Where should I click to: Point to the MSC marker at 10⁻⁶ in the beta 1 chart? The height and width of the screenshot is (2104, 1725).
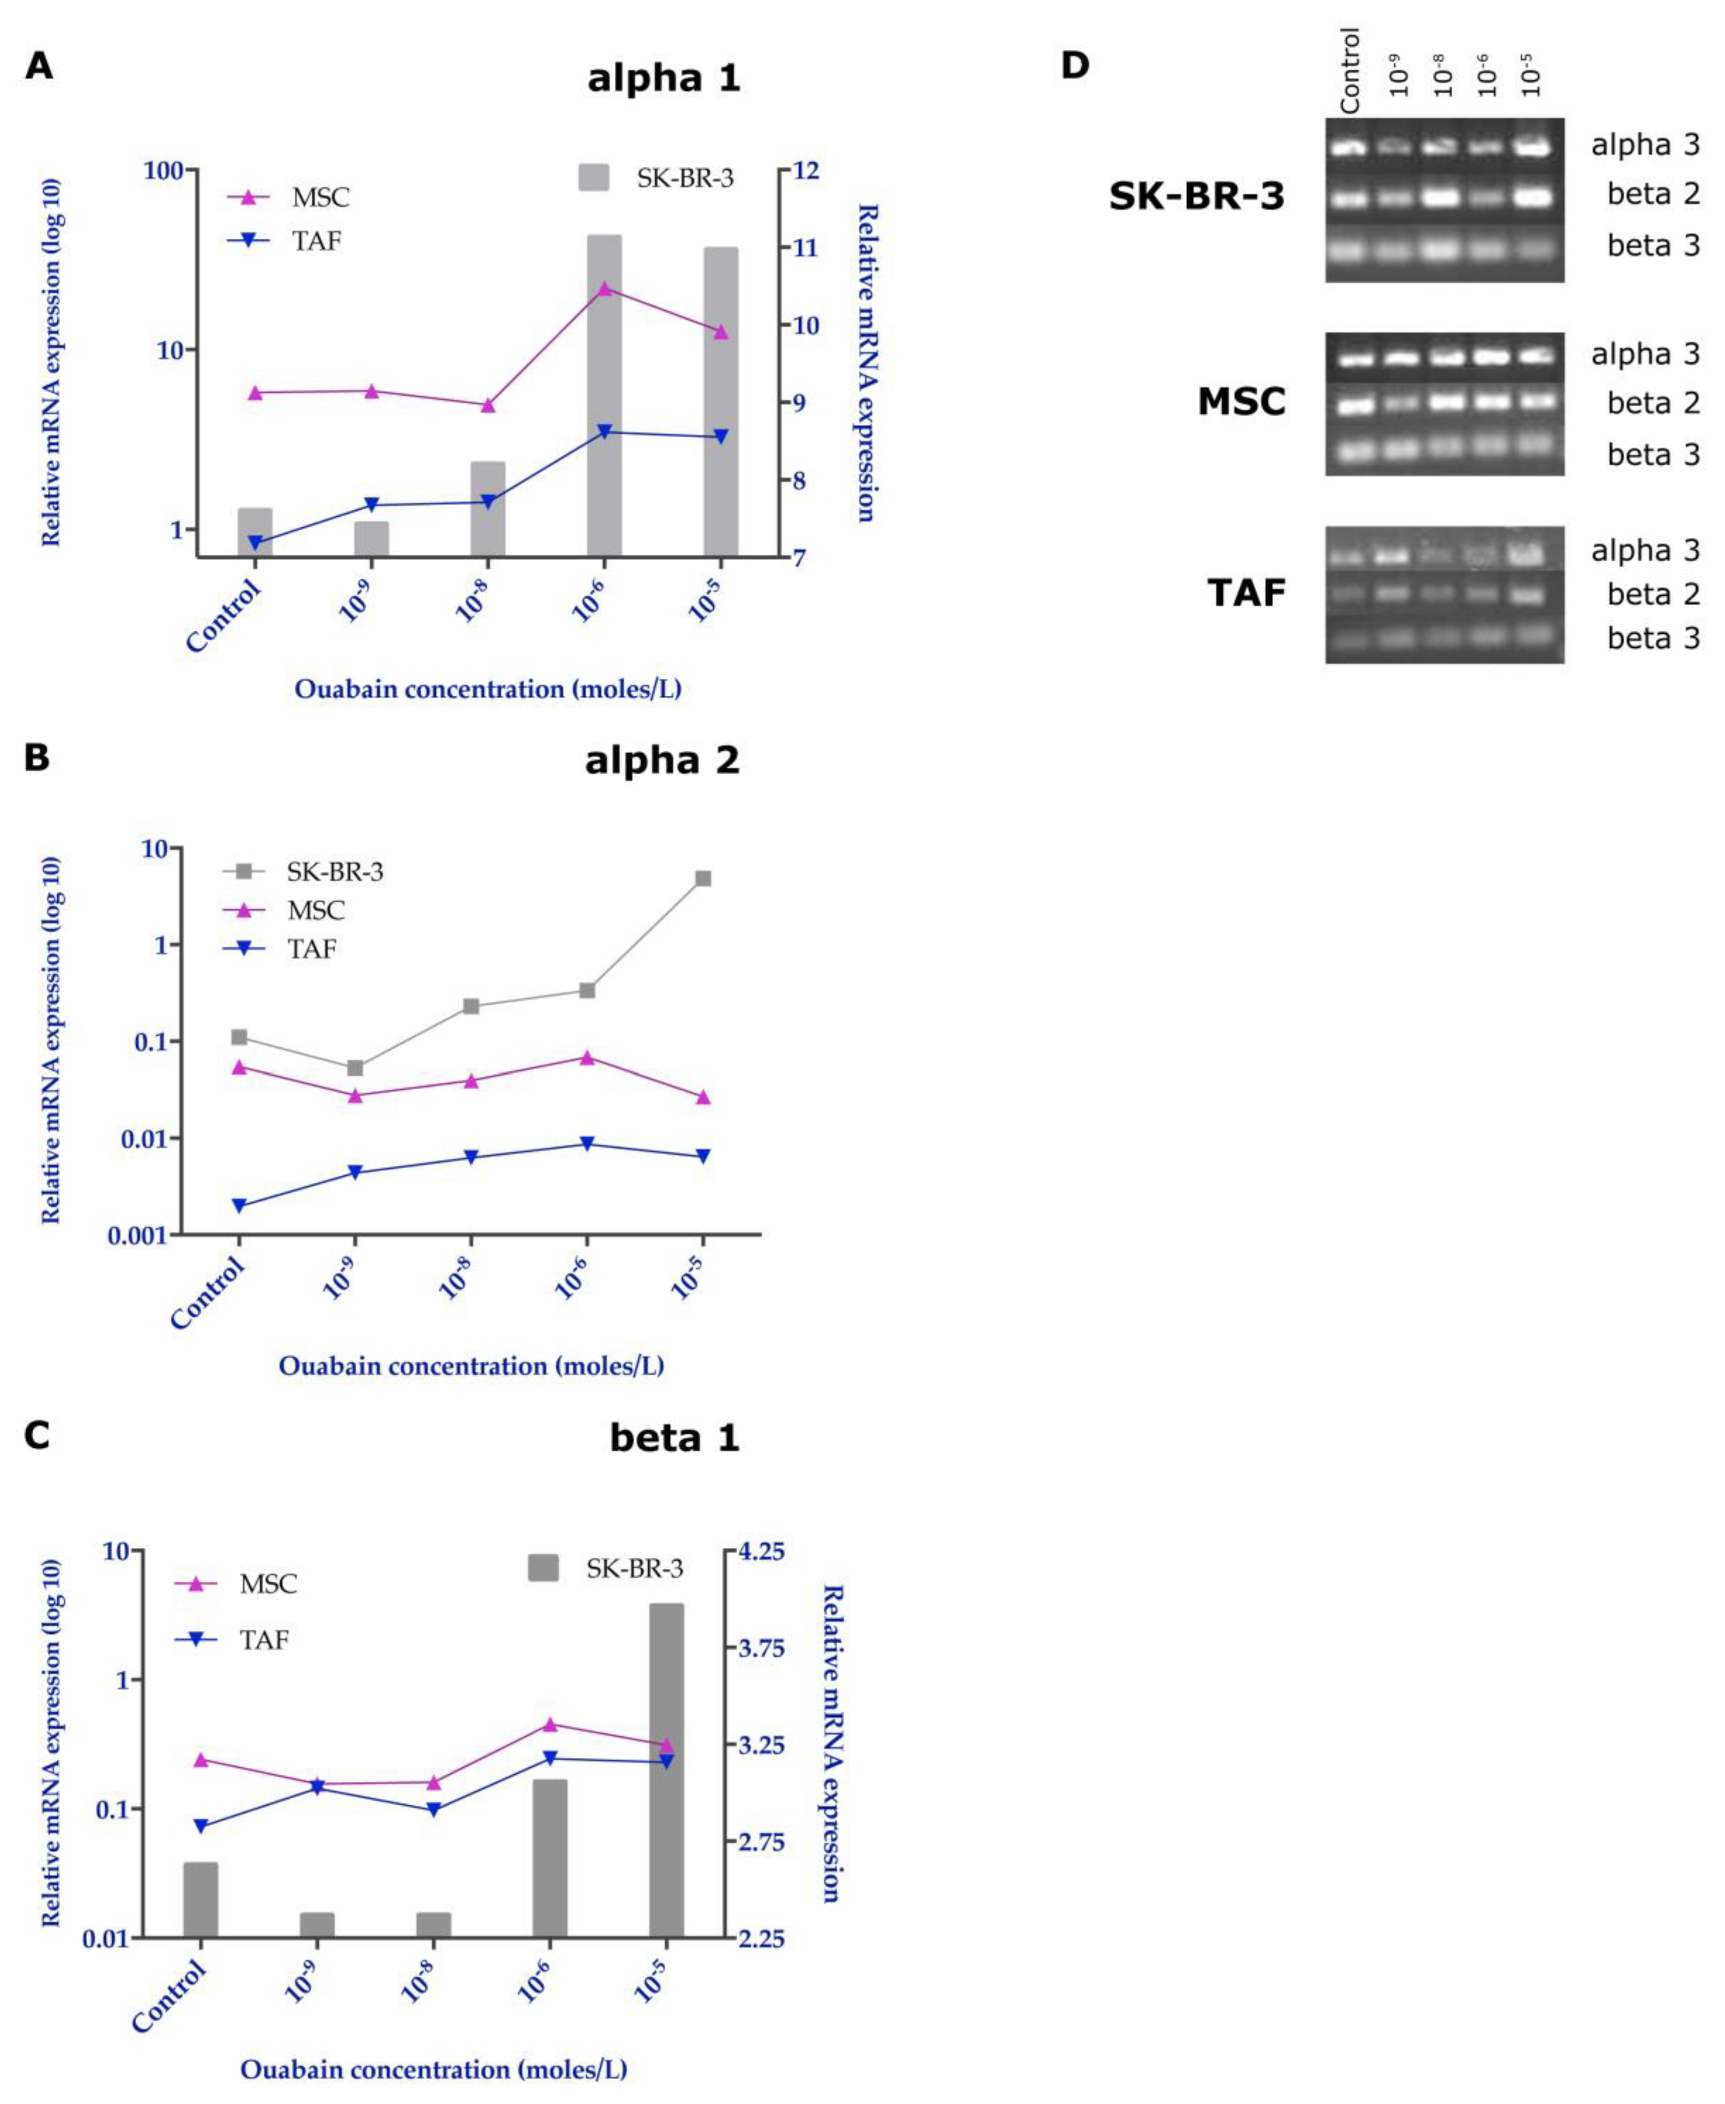click(551, 1724)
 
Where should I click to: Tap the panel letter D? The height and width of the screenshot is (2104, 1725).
click(1075, 66)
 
